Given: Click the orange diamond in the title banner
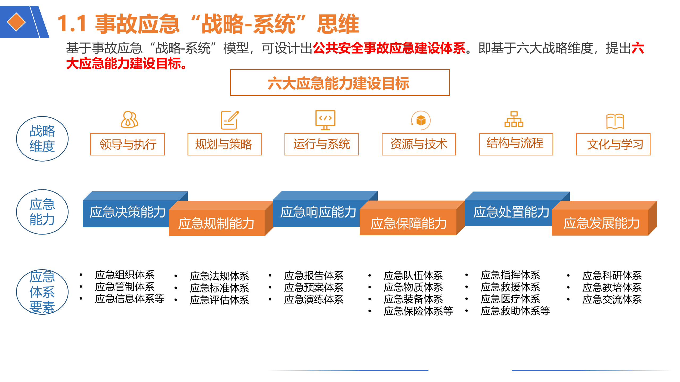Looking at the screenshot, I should (16, 22).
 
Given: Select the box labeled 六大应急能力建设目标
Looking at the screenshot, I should (339, 83).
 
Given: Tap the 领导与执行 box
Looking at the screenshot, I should (127, 144).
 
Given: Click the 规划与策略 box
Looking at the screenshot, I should (224, 144).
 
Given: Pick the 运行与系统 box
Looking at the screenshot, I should (321, 144).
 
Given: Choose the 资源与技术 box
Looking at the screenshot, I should (419, 144).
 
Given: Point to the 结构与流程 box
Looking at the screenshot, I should (516, 144).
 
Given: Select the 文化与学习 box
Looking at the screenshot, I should (613, 144).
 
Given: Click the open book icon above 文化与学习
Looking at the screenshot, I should (615, 121).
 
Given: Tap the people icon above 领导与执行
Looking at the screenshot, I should (129, 120).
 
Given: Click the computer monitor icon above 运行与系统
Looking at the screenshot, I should (325, 120).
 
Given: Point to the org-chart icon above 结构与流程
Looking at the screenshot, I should (514, 120).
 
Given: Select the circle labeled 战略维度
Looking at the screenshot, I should (42, 139).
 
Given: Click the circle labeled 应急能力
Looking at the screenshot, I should (42, 212).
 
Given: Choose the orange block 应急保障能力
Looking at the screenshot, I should (408, 223).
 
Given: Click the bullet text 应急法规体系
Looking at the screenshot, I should (219, 276).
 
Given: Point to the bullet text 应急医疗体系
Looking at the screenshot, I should (510, 299).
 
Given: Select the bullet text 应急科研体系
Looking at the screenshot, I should (612, 276).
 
